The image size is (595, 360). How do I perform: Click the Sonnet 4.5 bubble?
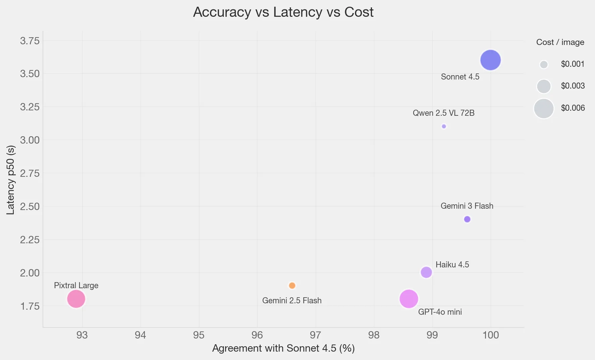pyautogui.click(x=490, y=60)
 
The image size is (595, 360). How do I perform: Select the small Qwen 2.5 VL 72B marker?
pyautogui.click(x=444, y=126)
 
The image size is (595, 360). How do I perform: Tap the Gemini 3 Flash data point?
pyautogui.click(x=467, y=219)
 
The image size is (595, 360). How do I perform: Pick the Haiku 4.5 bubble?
pyautogui.click(x=426, y=272)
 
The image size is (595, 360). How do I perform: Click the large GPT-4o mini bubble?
pyautogui.click(x=409, y=299)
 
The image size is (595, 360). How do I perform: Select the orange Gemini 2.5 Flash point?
pyautogui.click(x=292, y=286)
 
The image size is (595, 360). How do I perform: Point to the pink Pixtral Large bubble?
pyautogui.click(x=76, y=299)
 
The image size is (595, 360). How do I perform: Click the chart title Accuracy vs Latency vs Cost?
pyautogui.click(x=283, y=12)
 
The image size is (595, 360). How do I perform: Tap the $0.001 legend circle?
pyautogui.click(x=544, y=64)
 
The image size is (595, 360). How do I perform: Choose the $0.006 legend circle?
pyautogui.click(x=543, y=108)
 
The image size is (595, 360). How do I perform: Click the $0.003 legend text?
pyautogui.click(x=573, y=86)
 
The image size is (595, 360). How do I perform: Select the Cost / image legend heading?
pyautogui.click(x=560, y=42)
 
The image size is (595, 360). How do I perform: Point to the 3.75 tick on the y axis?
pyautogui.click(x=30, y=41)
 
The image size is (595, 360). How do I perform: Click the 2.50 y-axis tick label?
pyautogui.click(x=30, y=206)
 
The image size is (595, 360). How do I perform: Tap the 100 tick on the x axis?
pyautogui.click(x=490, y=335)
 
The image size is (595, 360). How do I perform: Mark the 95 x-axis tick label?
pyautogui.click(x=199, y=335)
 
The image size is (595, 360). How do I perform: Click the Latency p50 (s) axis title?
pyautogui.click(x=11, y=180)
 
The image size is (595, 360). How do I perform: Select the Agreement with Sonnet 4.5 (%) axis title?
pyautogui.click(x=283, y=348)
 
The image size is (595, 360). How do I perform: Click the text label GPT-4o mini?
pyautogui.click(x=440, y=312)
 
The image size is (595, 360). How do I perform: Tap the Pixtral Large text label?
pyautogui.click(x=76, y=286)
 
